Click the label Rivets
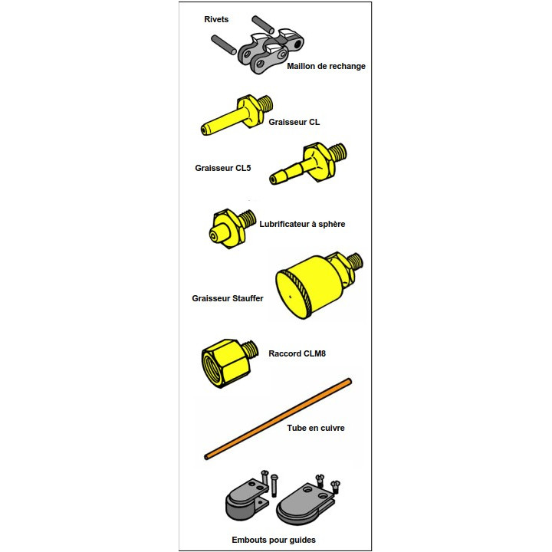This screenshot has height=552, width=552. pos(216,19)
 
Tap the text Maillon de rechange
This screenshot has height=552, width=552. pos(326,66)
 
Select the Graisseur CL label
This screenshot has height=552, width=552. pos(294,122)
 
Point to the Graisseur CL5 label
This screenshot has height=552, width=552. pos(223,168)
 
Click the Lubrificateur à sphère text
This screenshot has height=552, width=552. pos(302,224)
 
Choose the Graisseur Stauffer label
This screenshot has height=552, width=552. pos(228,298)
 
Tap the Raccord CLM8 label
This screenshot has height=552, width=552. pos(297,353)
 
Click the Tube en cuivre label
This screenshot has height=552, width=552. pos(315,428)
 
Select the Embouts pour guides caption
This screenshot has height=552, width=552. pos(274,540)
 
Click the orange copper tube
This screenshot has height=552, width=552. pos(278,419)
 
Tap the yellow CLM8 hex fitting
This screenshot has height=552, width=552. pos(226,363)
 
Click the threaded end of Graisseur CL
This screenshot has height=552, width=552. pos(266,103)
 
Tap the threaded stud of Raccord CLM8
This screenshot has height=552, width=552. pos(251,349)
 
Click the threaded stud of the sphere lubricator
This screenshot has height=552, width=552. pos(248,219)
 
